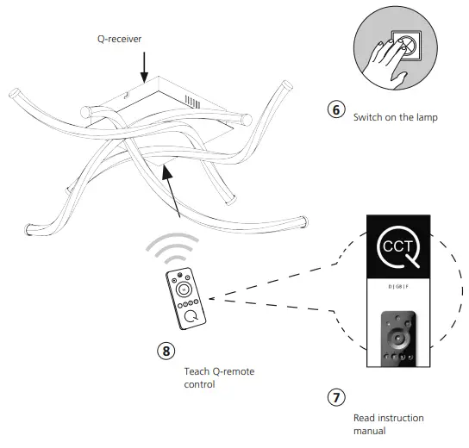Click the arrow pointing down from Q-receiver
click(x=143, y=68)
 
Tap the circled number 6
click(x=337, y=110)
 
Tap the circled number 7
click(x=337, y=398)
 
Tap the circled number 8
click(x=166, y=351)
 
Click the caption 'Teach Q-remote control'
click(x=220, y=377)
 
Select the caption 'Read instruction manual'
click(x=388, y=424)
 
